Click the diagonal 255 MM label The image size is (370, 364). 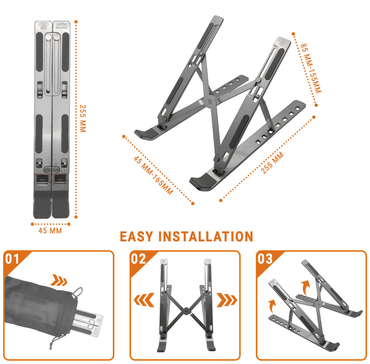273,163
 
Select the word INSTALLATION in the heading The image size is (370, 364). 206,237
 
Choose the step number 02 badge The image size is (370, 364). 138,259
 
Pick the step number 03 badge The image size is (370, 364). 265,259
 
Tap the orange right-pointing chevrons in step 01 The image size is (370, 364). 59,280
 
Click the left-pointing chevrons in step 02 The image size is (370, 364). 144,300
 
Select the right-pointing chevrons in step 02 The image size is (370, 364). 227,300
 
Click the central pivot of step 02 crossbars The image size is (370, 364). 186,310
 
